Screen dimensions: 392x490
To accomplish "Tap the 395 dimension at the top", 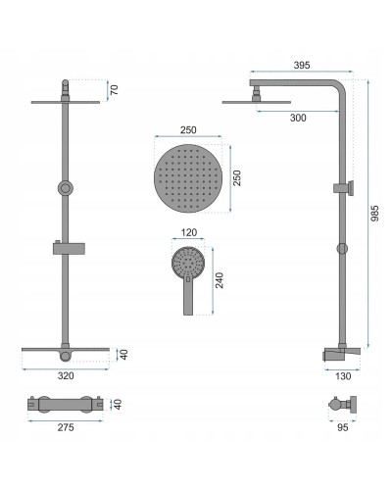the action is click(302, 66).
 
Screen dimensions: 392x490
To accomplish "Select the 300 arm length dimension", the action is click(298, 118).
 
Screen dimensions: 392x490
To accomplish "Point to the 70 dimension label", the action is click(114, 89).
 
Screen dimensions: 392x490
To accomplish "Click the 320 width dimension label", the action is click(66, 375).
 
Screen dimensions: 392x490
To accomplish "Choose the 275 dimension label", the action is click(66, 427).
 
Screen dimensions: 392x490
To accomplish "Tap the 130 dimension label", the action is click(343, 376).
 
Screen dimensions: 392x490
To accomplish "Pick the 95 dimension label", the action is click(342, 427).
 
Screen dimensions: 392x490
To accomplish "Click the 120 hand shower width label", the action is click(189, 232).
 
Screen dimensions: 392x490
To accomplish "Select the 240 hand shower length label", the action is click(220, 280).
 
